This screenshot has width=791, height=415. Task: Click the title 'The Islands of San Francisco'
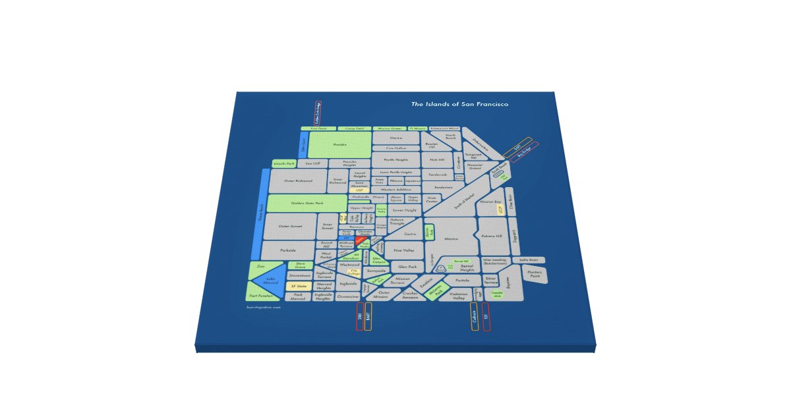tap(459, 105)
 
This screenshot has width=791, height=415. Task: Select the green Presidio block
tap(340, 144)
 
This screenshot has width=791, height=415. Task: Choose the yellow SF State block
tap(299, 287)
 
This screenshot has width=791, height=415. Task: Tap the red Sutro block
tap(360, 241)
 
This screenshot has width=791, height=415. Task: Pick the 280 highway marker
tap(359, 316)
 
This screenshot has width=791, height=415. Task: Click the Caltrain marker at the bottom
tap(474, 316)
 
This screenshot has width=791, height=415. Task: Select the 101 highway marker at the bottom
tap(486, 316)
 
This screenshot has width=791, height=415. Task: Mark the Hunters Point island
tap(535, 273)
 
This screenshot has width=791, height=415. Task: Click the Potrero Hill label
tap(491, 235)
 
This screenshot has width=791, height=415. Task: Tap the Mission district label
tap(451, 238)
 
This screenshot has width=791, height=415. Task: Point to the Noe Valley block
tap(403, 250)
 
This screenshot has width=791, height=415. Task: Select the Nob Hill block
tap(437, 159)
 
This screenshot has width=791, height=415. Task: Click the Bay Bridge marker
tap(525, 149)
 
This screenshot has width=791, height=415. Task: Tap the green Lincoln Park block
tap(283, 163)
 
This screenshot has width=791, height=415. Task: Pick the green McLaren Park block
tap(434, 290)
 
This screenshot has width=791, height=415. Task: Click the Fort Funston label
tap(262, 296)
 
